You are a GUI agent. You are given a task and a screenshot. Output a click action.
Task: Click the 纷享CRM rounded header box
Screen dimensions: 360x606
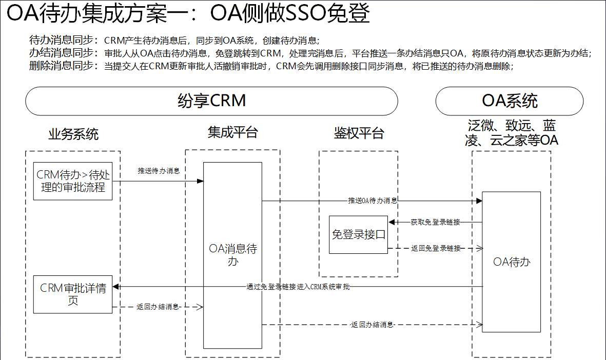211,101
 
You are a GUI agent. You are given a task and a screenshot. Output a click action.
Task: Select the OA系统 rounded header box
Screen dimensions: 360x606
509,101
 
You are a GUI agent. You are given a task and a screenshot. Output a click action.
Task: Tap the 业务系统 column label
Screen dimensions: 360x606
73,135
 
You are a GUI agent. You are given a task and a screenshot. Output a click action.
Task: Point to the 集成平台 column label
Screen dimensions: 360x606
232,133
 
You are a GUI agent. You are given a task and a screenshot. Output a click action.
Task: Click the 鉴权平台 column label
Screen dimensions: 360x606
359,134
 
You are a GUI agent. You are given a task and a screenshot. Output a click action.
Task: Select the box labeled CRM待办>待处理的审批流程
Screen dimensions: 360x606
73,181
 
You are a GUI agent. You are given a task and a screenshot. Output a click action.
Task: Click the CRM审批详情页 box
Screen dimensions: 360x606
73,294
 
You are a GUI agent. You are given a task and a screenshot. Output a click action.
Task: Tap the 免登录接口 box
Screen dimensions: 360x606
359,235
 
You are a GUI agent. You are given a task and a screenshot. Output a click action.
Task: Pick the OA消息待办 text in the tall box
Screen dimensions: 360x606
232,255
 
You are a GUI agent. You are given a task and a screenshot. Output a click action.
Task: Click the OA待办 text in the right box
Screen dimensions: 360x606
511,262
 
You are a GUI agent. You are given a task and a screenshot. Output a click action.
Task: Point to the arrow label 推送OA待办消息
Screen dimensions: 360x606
373,201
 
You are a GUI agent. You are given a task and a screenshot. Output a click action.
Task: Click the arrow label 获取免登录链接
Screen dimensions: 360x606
435,223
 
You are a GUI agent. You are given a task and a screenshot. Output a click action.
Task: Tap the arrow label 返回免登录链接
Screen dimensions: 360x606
436,248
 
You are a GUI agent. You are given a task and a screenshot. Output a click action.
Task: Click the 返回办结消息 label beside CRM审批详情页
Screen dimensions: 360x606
158,307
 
